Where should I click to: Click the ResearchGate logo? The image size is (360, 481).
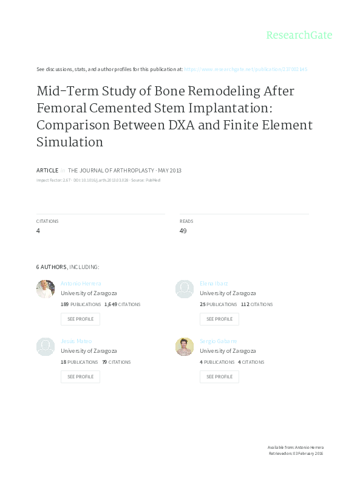299,35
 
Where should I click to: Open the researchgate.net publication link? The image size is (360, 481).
245,69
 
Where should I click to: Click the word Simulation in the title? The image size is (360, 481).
70,142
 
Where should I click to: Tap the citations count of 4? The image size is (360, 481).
38,231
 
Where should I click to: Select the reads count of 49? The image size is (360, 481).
183,231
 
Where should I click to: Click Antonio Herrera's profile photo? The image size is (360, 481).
46,289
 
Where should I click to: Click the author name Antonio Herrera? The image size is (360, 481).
81,284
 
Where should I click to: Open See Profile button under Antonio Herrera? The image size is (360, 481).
80,319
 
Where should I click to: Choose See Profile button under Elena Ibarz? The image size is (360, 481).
219,319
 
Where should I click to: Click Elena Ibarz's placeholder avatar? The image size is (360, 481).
185,289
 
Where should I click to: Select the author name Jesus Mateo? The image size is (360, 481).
76,341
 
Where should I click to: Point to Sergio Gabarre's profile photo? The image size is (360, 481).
185,347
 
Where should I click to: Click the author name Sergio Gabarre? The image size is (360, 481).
218,341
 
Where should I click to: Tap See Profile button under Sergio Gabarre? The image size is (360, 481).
219,377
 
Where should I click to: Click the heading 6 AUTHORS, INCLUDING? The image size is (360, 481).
67,267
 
